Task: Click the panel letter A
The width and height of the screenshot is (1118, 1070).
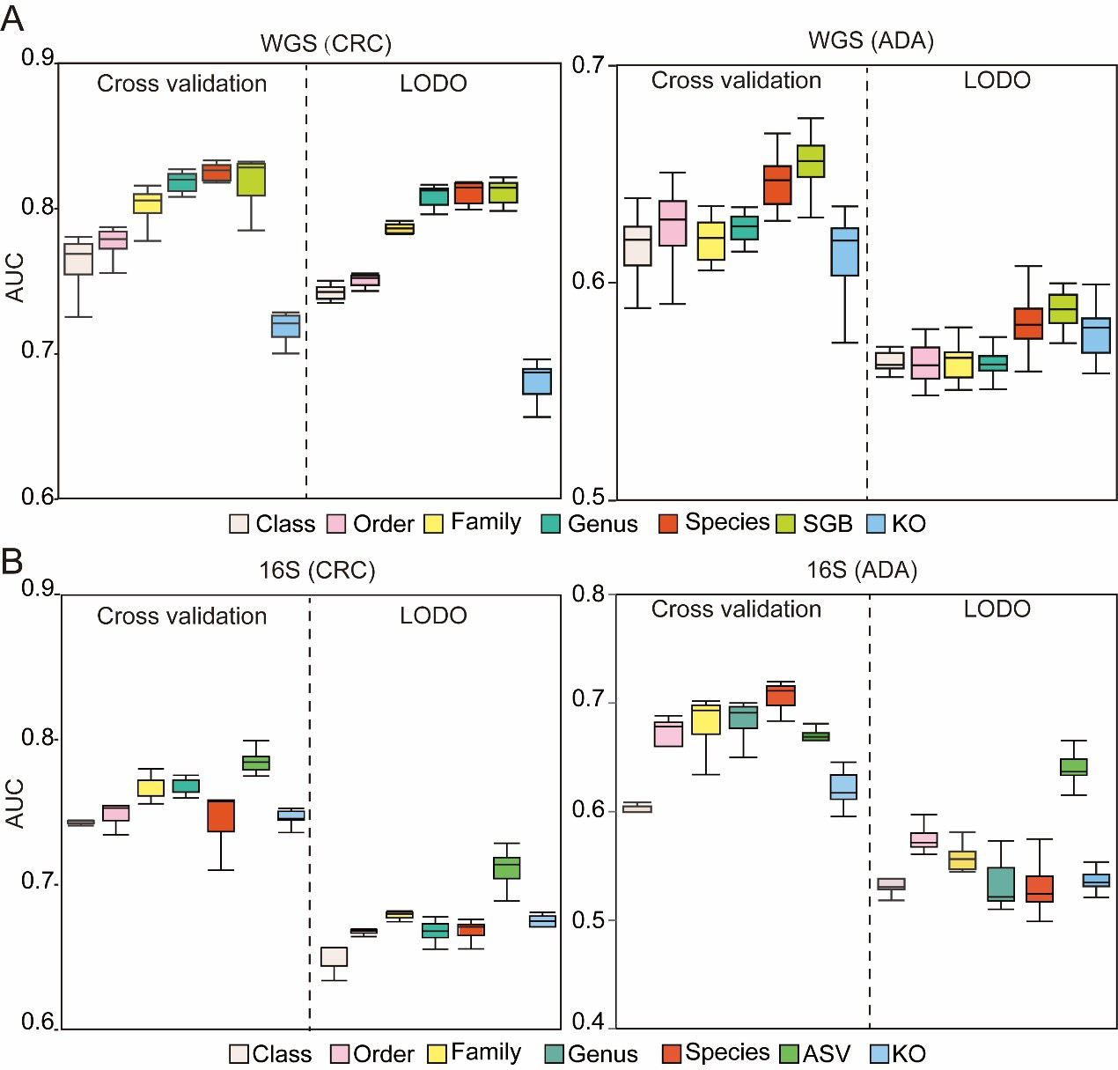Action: [12, 18]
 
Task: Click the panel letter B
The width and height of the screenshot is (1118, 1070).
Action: [12, 560]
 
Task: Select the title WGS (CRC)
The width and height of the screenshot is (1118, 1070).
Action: [326, 43]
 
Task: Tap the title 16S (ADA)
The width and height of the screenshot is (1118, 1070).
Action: [862, 570]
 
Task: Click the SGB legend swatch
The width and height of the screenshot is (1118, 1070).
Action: [786, 524]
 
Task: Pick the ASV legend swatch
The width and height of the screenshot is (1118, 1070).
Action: [789, 1053]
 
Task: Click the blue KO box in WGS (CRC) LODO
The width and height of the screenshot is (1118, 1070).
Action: [537, 381]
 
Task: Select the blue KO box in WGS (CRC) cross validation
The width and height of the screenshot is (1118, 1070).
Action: [285, 325]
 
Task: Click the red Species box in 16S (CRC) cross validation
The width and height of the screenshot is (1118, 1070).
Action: [220, 815]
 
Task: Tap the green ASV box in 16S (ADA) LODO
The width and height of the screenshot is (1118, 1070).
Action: [1073, 767]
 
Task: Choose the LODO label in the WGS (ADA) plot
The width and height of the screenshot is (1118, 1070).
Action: [997, 80]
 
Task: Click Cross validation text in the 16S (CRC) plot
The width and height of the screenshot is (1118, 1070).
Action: [181, 616]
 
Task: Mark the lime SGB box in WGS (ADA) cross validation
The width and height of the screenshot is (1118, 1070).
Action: [811, 161]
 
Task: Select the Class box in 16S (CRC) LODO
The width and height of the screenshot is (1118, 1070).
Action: [334, 956]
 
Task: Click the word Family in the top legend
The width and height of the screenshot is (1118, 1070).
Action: [485, 522]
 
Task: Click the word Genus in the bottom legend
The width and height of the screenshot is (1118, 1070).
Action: [602, 1053]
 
